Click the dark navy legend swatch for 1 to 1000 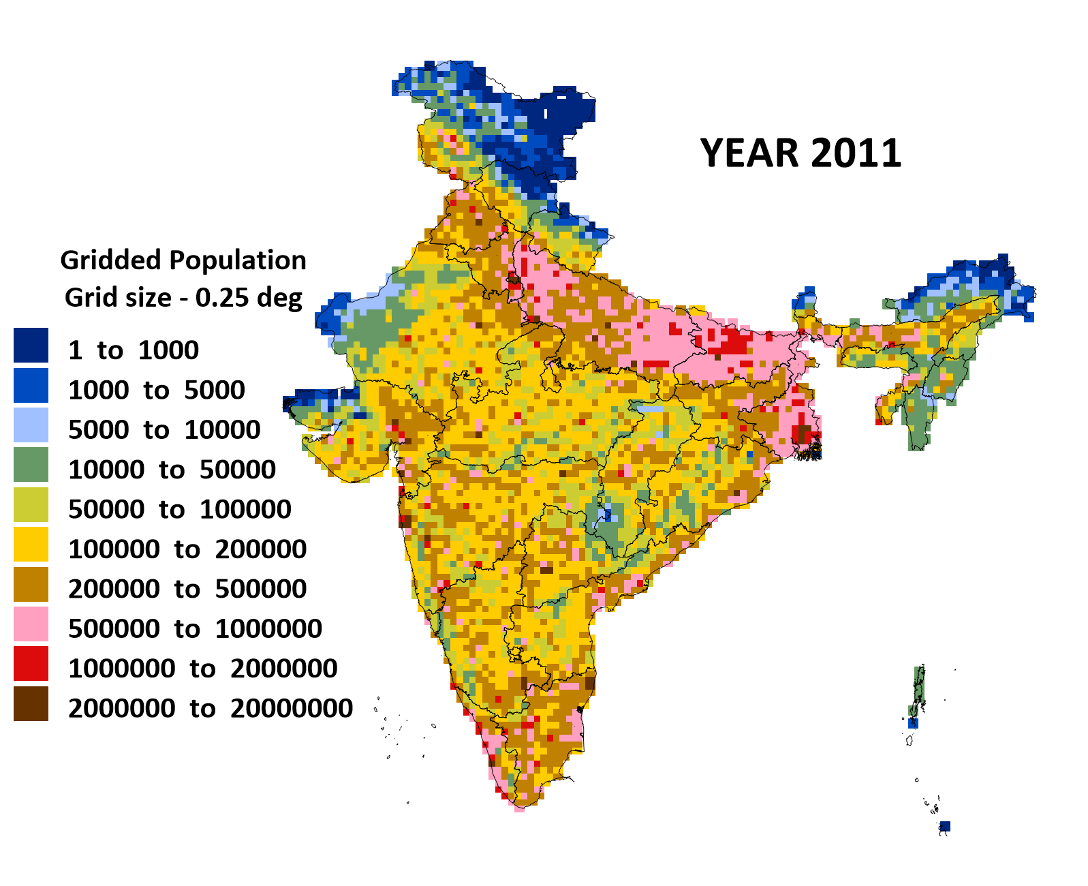(31, 345)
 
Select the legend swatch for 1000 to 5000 (31, 385)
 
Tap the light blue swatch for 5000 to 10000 (31, 425)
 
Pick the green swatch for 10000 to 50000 (31, 465)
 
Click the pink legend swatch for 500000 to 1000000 (31, 624)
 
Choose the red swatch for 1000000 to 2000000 (31, 663)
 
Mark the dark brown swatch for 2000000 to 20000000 (31, 703)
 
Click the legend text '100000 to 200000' (187, 549)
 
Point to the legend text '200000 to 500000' (187, 589)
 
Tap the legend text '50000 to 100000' (180, 509)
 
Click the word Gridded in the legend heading (111, 261)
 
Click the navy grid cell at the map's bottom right (945, 827)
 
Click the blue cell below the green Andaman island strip (914, 723)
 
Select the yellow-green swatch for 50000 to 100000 (31, 504)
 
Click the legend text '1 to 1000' (134, 350)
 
